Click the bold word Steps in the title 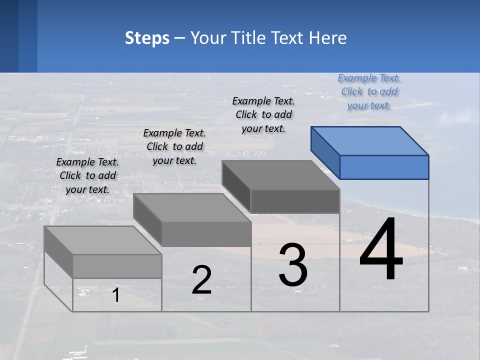click(x=147, y=38)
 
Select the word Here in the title click(x=328, y=38)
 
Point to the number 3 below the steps click(x=293, y=265)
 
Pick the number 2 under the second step click(x=201, y=280)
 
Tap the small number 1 click(x=116, y=295)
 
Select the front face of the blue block click(x=384, y=167)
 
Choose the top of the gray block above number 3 click(x=281, y=175)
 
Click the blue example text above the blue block click(x=369, y=92)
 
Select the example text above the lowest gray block click(x=87, y=176)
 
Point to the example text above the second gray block click(x=174, y=147)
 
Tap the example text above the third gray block click(x=263, y=115)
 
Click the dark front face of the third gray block click(x=295, y=201)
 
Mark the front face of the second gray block click(x=206, y=234)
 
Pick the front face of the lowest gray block click(x=117, y=266)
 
